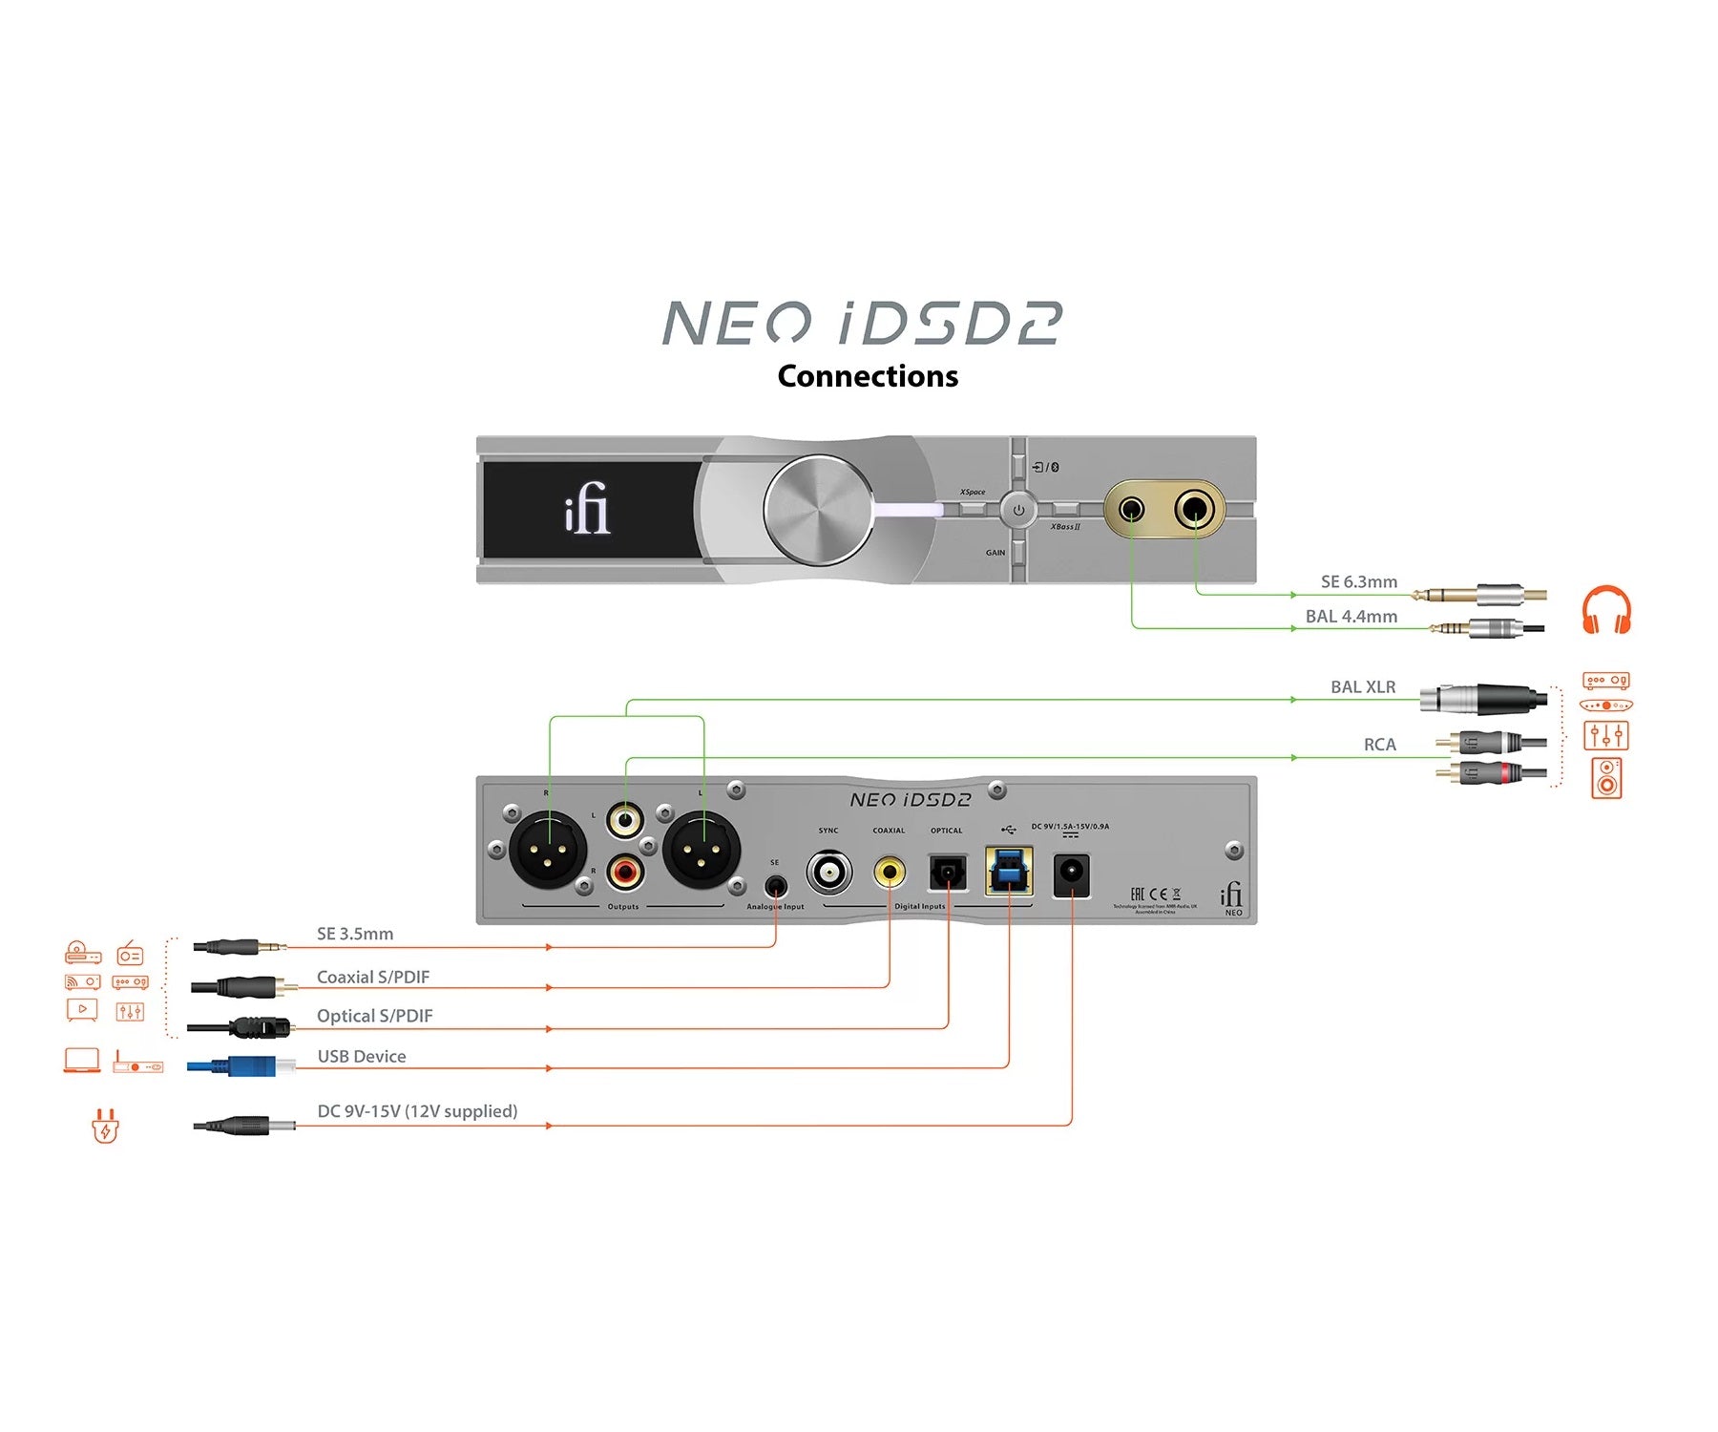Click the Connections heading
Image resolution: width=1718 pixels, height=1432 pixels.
click(868, 376)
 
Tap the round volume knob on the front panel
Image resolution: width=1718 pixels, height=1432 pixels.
click(819, 509)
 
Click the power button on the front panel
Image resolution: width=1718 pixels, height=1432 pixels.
click(1018, 510)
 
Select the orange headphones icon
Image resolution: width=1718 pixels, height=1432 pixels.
click(1606, 610)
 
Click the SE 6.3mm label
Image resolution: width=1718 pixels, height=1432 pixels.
click(1358, 581)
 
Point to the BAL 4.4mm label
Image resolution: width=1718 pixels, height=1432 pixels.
click(1351, 617)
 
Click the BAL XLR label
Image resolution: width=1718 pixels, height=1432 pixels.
click(1362, 687)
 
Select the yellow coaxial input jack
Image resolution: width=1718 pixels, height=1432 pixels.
click(890, 871)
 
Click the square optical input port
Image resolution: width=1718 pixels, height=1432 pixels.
click(948, 872)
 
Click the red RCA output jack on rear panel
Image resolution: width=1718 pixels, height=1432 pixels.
click(625, 871)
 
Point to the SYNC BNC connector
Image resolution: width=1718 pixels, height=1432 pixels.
click(828, 872)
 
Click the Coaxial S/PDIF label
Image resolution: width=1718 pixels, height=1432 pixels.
click(373, 978)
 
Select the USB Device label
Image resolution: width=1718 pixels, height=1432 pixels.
click(362, 1057)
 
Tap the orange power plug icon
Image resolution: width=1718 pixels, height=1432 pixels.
click(105, 1127)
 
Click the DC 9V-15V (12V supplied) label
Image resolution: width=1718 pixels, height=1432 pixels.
click(417, 1111)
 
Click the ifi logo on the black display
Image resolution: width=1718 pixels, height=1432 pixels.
click(587, 509)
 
